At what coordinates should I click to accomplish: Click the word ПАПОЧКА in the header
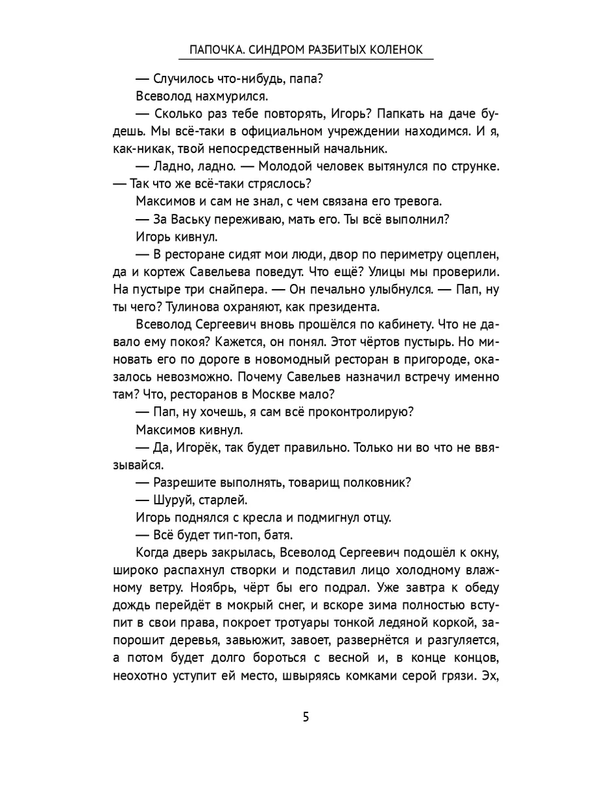213,50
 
